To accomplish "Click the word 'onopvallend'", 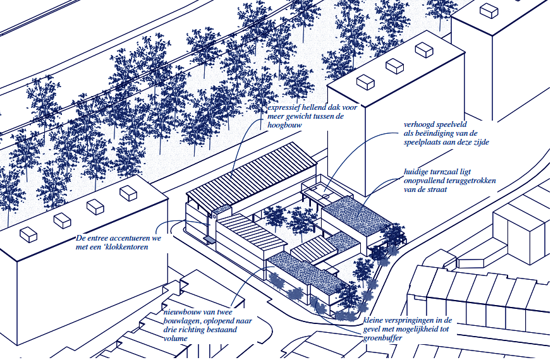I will pyautogui.click(x=427, y=181).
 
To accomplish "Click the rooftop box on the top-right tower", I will pyautogui.click(x=489, y=9).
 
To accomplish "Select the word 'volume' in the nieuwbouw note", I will pyautogui.click(x=176, y=339).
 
